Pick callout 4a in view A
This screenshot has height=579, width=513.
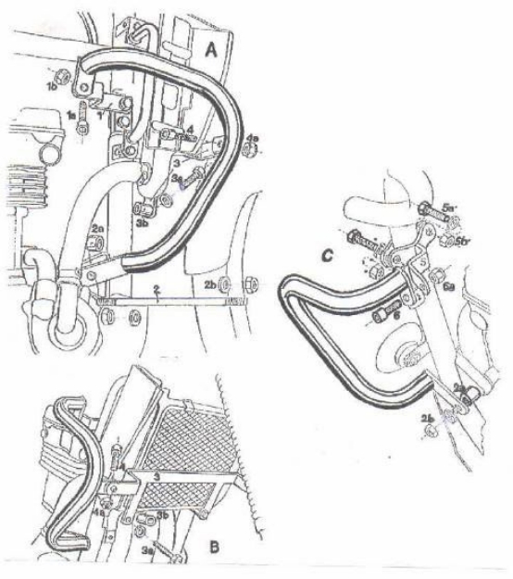[x=253, y=140]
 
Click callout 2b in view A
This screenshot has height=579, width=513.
[x=209, y=282]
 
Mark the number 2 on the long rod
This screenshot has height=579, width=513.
[x=158, y=291]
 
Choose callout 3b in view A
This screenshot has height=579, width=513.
[x=143, y=222]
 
